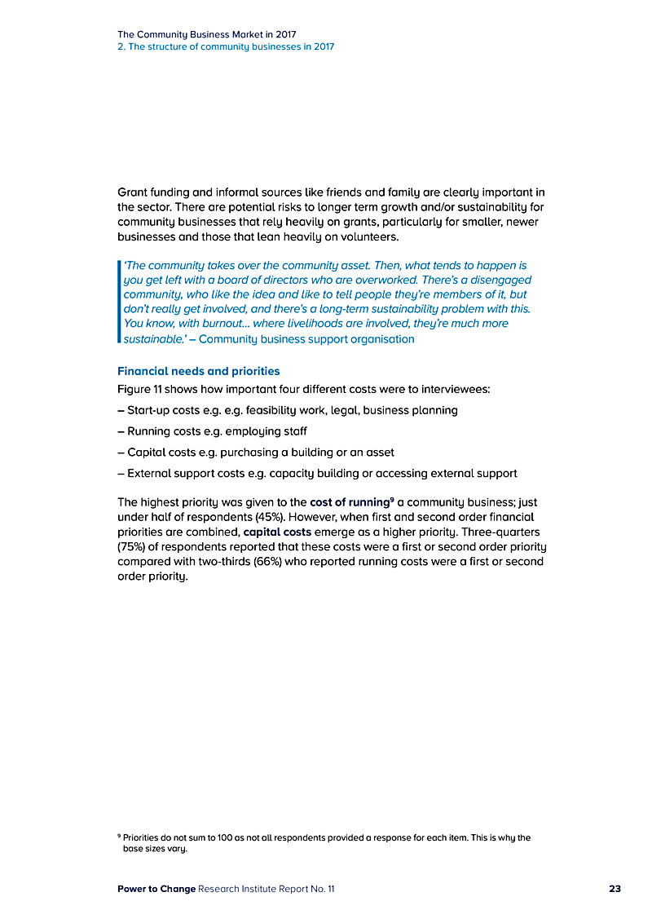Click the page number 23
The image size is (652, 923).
(615, 889)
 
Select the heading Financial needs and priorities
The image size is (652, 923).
(198, 371)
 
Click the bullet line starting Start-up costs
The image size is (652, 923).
(288, 410)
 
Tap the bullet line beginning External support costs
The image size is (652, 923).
(317, 473)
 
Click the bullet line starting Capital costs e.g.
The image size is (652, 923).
(267, 452)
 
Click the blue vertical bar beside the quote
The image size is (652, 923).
(119, 302)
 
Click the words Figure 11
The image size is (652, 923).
(143, 389)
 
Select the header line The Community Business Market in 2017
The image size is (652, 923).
(207, 34)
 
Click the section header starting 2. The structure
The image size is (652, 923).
(225, 46)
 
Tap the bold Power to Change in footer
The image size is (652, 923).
(156, 889)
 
